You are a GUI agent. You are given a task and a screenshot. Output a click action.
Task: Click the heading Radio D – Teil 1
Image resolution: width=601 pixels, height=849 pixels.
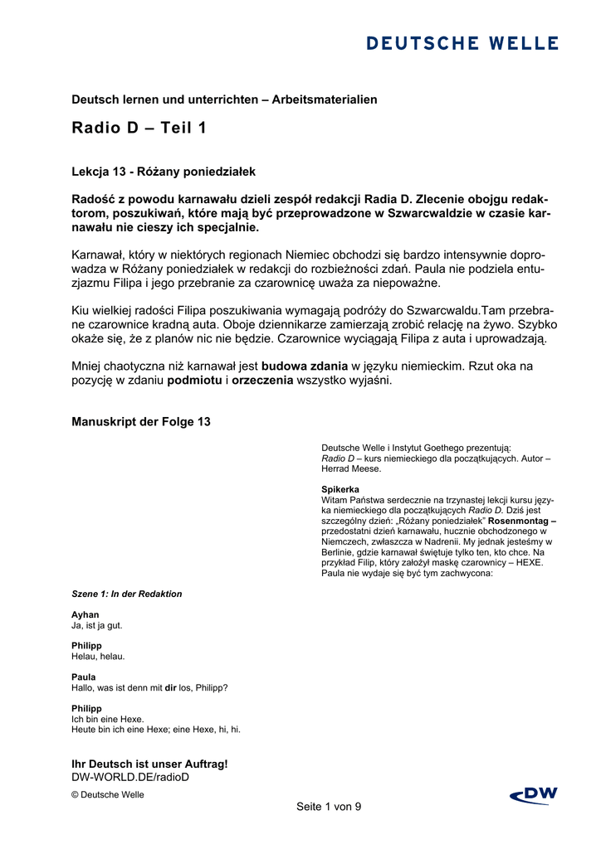[139, 128]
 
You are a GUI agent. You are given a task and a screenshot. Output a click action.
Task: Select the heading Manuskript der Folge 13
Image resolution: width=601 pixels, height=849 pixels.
[141, 422]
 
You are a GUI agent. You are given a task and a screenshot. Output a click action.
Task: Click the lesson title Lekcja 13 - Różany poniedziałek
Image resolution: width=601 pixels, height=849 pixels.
[164, 172]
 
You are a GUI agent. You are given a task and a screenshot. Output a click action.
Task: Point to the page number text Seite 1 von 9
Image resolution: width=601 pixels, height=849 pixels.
[329, 807]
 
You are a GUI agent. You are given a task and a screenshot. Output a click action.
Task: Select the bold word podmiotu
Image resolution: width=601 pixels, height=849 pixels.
[194, 381]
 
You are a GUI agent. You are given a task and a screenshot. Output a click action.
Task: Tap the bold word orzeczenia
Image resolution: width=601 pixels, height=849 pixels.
[264, 381]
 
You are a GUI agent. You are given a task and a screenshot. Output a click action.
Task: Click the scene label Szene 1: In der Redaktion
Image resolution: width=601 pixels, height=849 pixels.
[127, 594]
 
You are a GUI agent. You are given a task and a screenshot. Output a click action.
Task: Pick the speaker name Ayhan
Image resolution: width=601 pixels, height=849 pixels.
[86, 614]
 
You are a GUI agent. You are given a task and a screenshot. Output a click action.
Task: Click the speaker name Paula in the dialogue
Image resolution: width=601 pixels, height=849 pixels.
[84, 677]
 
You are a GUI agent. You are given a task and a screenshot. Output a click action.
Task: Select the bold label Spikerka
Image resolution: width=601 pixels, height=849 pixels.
[340, 489]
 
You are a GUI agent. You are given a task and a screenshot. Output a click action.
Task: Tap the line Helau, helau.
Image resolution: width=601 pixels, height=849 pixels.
[98, 656]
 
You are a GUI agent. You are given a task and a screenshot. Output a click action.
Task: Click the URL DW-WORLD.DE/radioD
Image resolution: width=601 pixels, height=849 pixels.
[131, 777]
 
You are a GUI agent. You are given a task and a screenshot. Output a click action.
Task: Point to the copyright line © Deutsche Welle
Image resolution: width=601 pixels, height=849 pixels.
[108, 794]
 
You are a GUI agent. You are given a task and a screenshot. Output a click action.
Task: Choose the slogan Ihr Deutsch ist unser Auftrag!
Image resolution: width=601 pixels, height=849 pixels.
[149, 764]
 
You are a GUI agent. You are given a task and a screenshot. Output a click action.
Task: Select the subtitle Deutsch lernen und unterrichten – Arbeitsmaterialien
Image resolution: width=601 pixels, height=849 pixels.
[224, 99]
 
